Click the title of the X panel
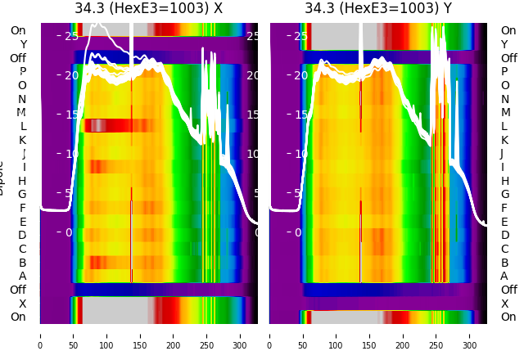click(x=148, y=9)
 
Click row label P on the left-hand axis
click(x=23, y=72)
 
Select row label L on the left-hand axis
click(x=23, y=126)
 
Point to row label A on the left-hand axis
click(x=23, y=277)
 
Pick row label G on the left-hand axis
click(x=23, y=195)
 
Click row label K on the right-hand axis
click(x=504, y=140)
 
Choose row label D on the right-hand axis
click(x=504, y=236)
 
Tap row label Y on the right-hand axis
click(x=504, y=44)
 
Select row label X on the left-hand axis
click(x=23, y=304)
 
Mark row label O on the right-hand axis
click(x=504, y=85)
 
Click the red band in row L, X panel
click(x=123, y=125)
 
